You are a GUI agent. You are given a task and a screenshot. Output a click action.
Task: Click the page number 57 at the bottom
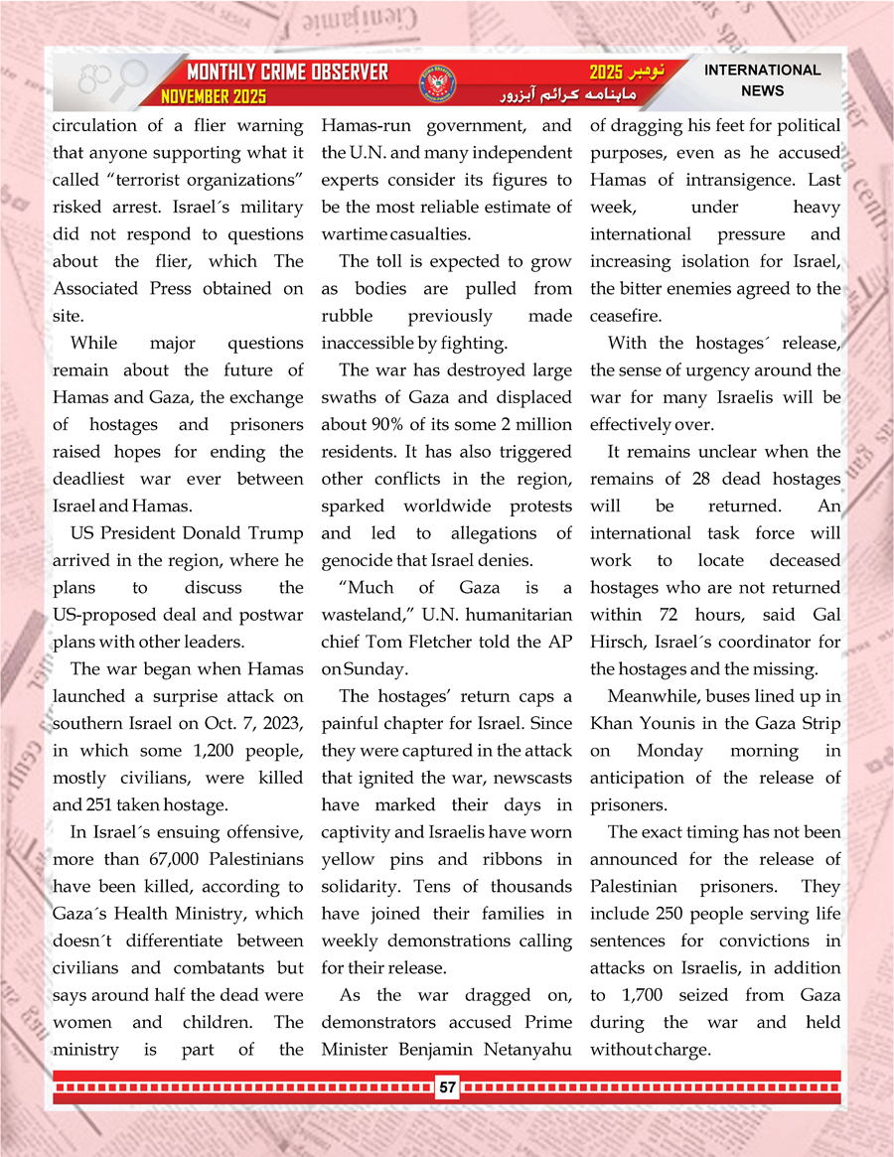447,1088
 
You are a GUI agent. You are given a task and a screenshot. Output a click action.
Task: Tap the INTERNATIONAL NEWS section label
762,80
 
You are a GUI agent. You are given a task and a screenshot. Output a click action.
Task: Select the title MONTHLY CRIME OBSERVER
287,73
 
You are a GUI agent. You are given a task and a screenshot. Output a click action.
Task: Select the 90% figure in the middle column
385,425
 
